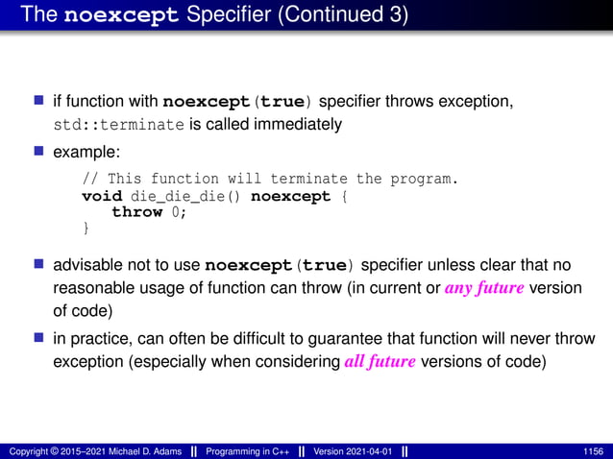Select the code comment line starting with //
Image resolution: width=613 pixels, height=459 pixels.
coord(269,180)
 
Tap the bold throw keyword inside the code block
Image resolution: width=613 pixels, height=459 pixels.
coord(136,212)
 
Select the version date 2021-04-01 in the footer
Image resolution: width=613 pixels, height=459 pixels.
coord(367,450)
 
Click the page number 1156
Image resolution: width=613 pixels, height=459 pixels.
coord(594,450)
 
